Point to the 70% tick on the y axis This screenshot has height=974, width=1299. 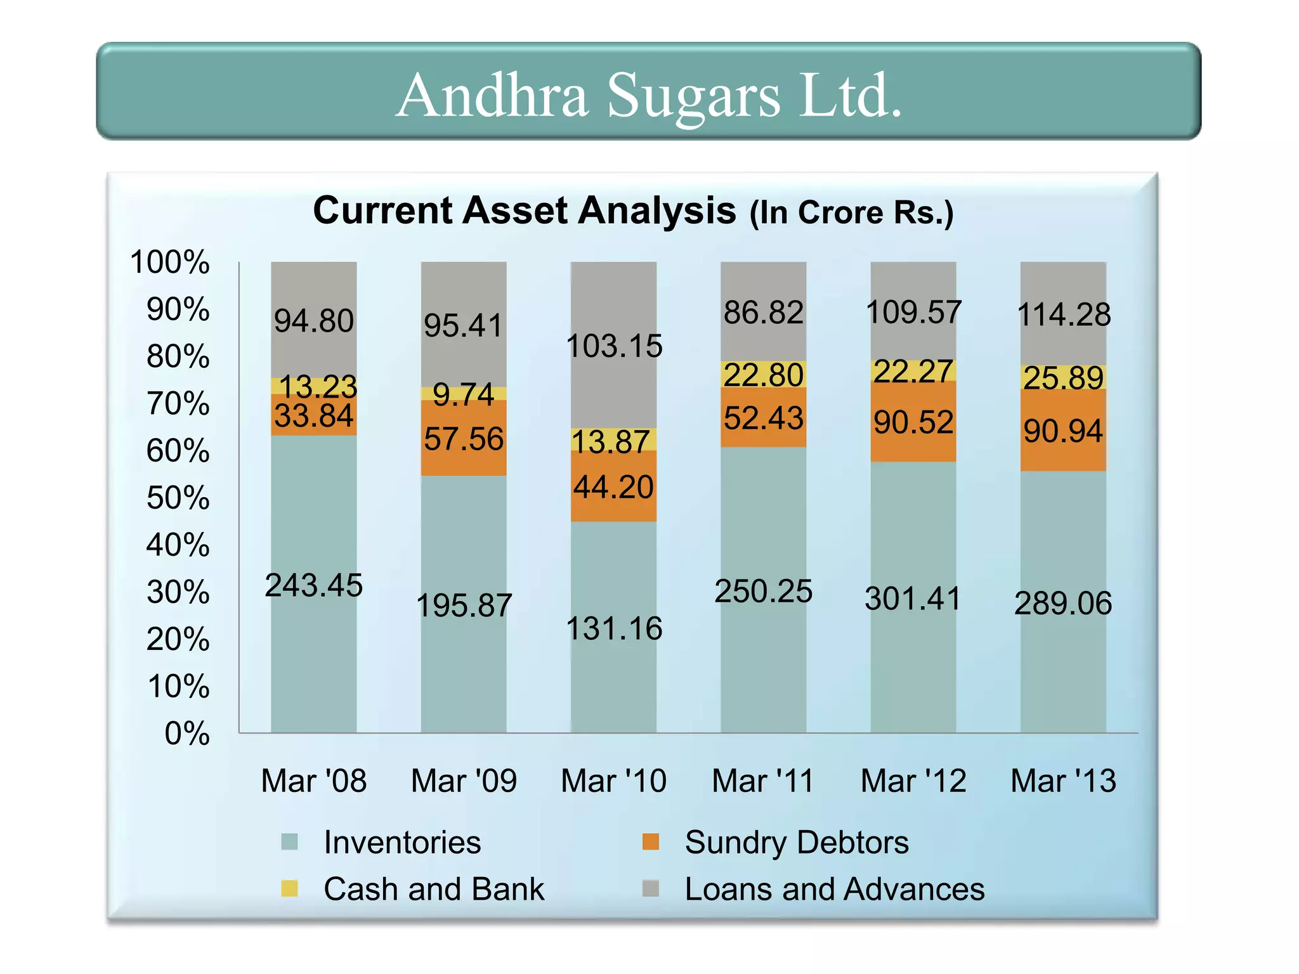(x=178, y=403)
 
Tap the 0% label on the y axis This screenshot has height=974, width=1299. (x=186, y=733)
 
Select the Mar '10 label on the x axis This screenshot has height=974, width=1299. (x=613, y=781)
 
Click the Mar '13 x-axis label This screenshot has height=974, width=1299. (x=1063, y=781)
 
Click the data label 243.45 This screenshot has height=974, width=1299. (x=313, y=585)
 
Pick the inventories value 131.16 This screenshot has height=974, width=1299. (x=613, y=628)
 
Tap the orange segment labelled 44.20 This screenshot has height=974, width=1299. (x=613, y=487)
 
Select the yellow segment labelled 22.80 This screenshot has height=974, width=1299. (x=763, y=375)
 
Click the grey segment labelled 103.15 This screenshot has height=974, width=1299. (x=613, y=346)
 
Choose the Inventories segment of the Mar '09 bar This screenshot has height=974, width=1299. (x=464, y=605)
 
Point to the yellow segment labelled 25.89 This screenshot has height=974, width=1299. (x=1063, y=378)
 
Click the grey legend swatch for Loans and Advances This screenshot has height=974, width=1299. (x=651, y=888)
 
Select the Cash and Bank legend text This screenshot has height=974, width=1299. (x=434, y=888)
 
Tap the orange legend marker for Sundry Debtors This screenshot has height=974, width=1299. (x=651, y=841)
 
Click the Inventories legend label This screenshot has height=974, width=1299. (x=402, y=842)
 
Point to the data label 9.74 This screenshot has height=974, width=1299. (x=464, y=394)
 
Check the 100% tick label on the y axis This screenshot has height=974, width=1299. (x=169, y=262)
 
